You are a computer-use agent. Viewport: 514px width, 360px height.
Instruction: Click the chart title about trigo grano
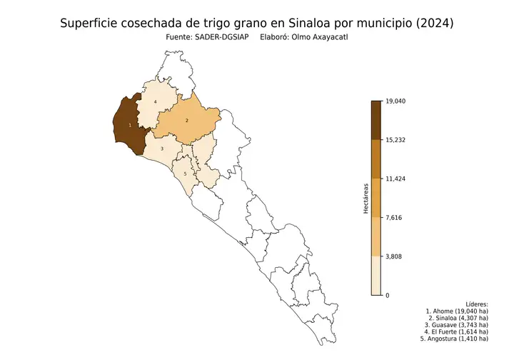[256, 23]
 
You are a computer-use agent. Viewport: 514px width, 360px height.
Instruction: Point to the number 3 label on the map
[162, 149]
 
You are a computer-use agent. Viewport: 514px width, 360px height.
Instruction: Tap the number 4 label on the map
[155, 102]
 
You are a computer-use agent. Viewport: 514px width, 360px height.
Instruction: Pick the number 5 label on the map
[185, 174]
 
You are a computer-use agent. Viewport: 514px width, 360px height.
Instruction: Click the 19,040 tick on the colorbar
[395, 101]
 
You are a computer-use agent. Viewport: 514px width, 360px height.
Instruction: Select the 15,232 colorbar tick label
[395, 140]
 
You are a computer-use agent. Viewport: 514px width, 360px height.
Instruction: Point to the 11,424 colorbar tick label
[395, 179]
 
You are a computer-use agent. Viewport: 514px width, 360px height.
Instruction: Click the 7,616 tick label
[393, 217]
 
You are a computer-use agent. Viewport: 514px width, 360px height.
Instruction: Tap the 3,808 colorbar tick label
[393, 256]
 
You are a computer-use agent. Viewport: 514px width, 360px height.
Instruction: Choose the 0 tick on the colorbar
[387, 295]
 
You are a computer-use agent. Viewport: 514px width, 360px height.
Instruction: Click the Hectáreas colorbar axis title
[365, 198]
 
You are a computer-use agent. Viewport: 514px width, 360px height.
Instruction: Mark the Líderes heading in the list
[476, 304]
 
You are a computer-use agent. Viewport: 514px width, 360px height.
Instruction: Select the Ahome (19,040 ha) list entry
[457, 311]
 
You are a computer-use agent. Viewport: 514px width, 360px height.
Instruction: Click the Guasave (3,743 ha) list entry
[457, 324]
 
